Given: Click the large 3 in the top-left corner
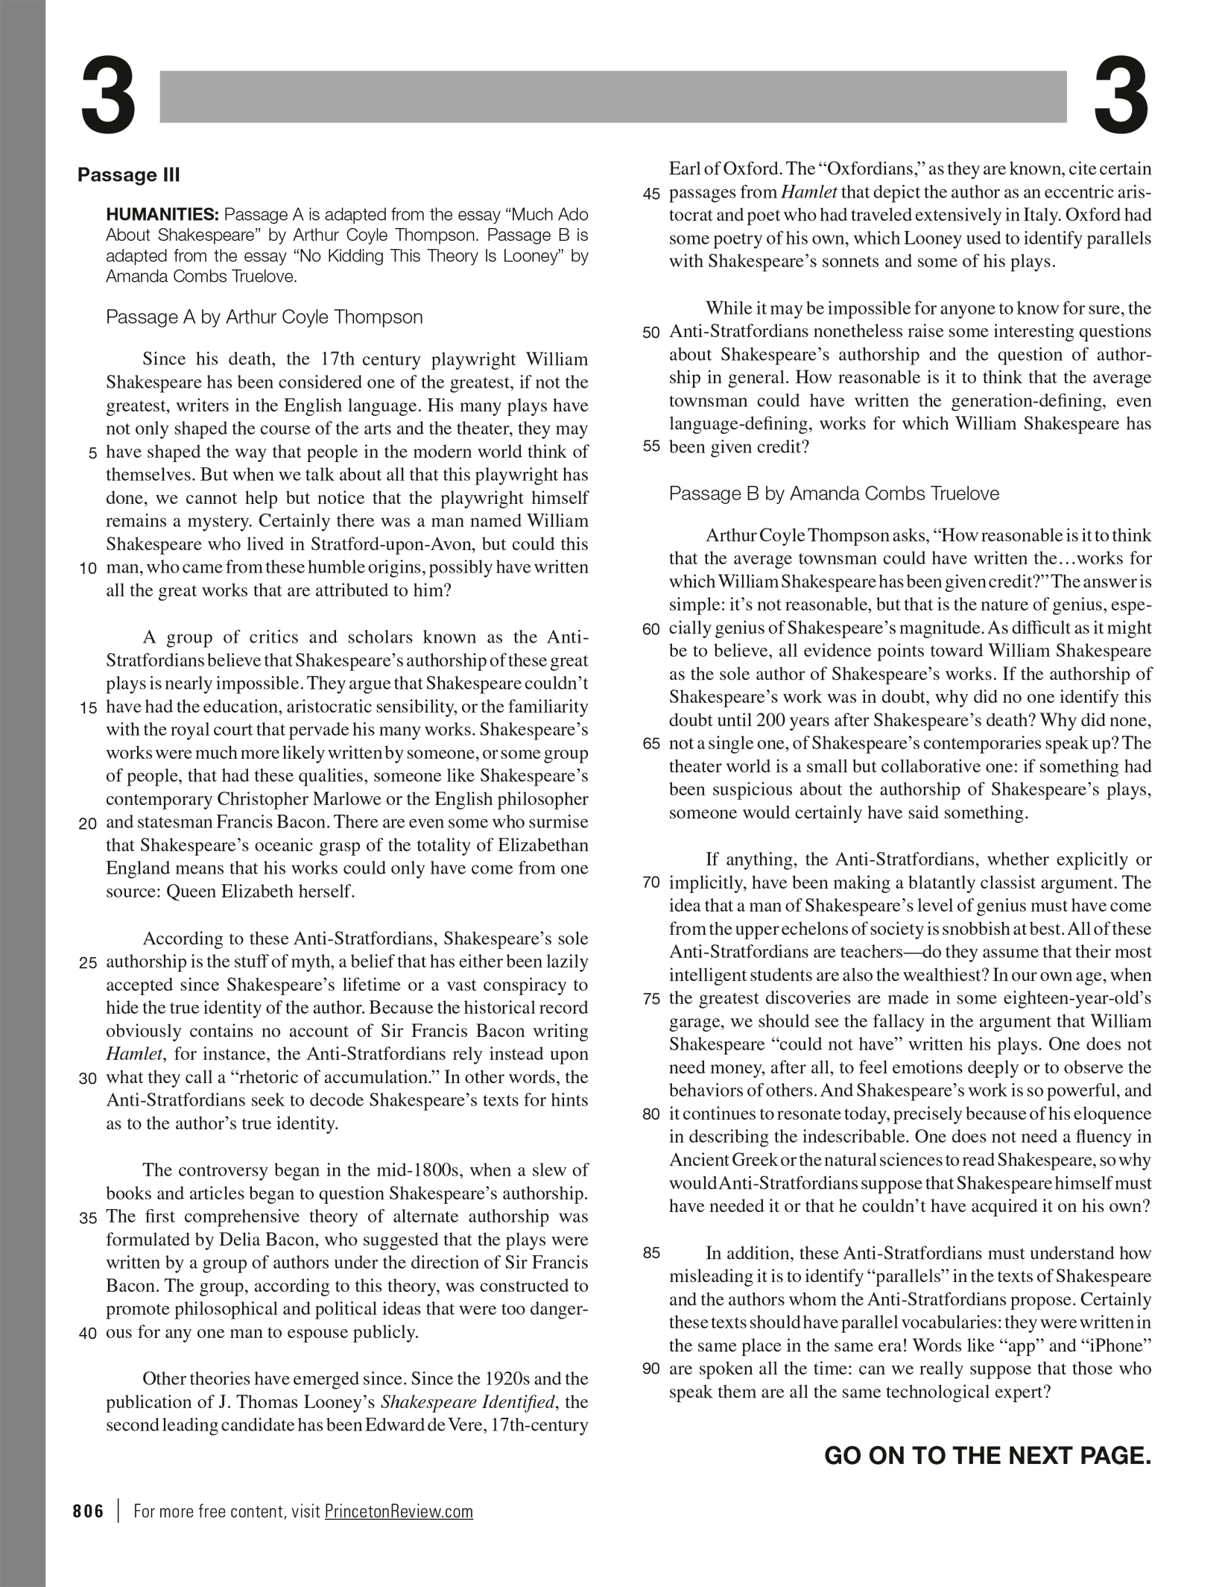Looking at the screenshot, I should [x=109, y=97].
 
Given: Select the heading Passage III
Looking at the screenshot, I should [x=129, y=175].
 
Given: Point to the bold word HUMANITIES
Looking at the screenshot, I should [x=162, y=215].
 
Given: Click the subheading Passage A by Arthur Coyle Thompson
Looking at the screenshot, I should [x=264, y=318].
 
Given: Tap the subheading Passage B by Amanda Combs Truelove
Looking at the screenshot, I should [x=834, y=493].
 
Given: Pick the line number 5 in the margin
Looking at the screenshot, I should [x=92, y=453].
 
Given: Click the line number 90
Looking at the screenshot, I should [x=650, y=1369].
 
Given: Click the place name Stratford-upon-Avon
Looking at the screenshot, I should [x=388, y=544].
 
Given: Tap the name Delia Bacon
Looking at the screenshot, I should [x=266, y=1240].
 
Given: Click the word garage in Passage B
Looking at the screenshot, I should [x=695, y=1021].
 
